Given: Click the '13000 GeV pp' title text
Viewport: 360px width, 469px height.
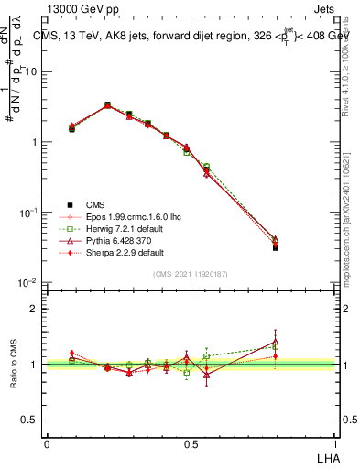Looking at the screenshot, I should [83, 8].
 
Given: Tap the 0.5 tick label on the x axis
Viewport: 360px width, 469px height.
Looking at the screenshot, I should [191, 443].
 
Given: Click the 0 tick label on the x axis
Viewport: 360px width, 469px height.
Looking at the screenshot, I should [47, 443].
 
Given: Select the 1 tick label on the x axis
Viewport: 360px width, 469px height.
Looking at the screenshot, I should [335, 443].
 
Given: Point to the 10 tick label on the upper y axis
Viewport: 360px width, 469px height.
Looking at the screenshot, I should [33, 71].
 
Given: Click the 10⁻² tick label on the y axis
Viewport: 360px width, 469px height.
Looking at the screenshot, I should [30, 283].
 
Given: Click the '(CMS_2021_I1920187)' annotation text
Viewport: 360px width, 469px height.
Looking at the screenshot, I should [191, 273].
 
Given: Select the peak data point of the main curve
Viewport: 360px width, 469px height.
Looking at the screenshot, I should [107, 105].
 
